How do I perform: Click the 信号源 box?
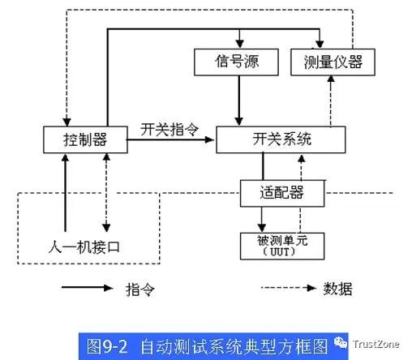coord(236,62)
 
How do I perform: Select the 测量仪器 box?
coord(333,62)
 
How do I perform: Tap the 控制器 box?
coord(85,139)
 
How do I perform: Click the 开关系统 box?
coord(281,139)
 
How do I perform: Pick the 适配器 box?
coord(282,193)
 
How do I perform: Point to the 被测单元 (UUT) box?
coord(282,246)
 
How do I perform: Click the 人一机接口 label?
coord(84,247)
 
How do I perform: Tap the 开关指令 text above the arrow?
coord(170,129)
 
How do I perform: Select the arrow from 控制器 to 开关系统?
coord(170,139)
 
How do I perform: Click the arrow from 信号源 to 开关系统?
coord(238,101)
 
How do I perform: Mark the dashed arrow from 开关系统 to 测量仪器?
coord(331,101)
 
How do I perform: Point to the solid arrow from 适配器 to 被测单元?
coord(261,220)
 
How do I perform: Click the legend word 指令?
coord(140,289)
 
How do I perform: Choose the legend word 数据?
coord(338,289)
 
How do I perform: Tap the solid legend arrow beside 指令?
coord(88,288)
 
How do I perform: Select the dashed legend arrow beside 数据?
coord(289,288)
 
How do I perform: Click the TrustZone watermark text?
coord(376,344)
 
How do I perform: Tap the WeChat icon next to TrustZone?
coord(341,342)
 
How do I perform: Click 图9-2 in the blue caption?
coord(107,346)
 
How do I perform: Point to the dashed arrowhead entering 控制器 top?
coord(67,122)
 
